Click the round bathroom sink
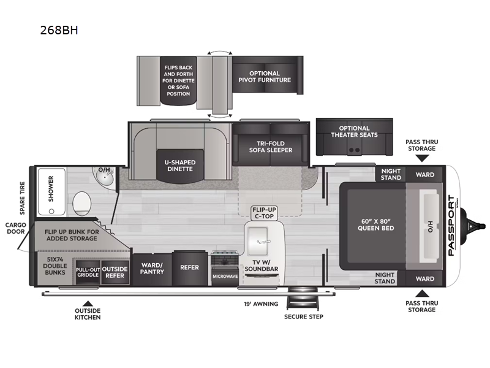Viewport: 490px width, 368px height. click(105, 178)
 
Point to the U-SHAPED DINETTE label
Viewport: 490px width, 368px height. click(181, 166)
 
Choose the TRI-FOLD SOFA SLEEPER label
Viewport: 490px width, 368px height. click(270, 146)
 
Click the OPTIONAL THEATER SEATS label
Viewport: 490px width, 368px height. click(354, 132)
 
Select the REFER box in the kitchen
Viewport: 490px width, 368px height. click(189, 267)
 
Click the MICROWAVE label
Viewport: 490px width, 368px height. click(225, 277)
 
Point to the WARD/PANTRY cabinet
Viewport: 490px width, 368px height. click(152, 268)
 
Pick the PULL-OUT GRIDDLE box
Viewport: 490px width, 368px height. click(88, 272)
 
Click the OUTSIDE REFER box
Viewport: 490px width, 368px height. click(115, 272)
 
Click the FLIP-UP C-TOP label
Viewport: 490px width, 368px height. click(264, 213)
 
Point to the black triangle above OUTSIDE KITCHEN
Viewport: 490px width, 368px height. click(88, 303)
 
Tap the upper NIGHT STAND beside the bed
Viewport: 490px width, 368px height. click(391, 174)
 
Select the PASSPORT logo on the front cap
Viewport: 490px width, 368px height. click(451, 224)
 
